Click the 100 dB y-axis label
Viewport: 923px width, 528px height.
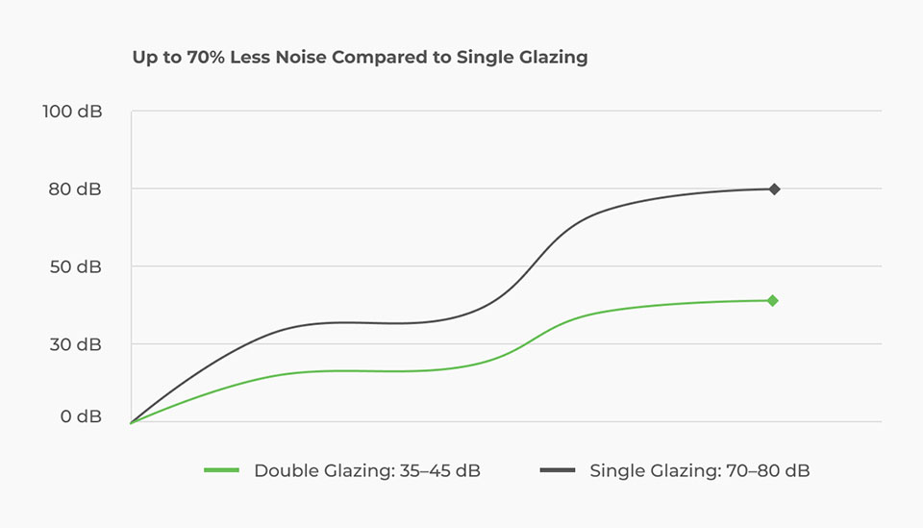(x=72, y=112)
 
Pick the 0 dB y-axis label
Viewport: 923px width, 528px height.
(x=81, y=416)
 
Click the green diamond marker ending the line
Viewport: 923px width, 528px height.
(x=773, y=301)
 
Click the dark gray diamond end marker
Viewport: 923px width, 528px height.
(x=774, y=189)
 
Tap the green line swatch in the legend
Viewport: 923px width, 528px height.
(x=221, y=470)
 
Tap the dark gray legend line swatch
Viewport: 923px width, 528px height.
(x=558, y=470)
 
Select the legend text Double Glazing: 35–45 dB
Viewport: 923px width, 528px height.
(x=367, y=470)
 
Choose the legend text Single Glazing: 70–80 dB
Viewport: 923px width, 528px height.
(x=700, y=470)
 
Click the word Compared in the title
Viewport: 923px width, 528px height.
(x=379, y=57)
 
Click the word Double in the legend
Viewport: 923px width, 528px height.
(x=285, y=470)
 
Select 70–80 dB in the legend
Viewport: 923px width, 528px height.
(x=757, y=470)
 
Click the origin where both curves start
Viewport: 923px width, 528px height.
(x=131, y=422)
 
